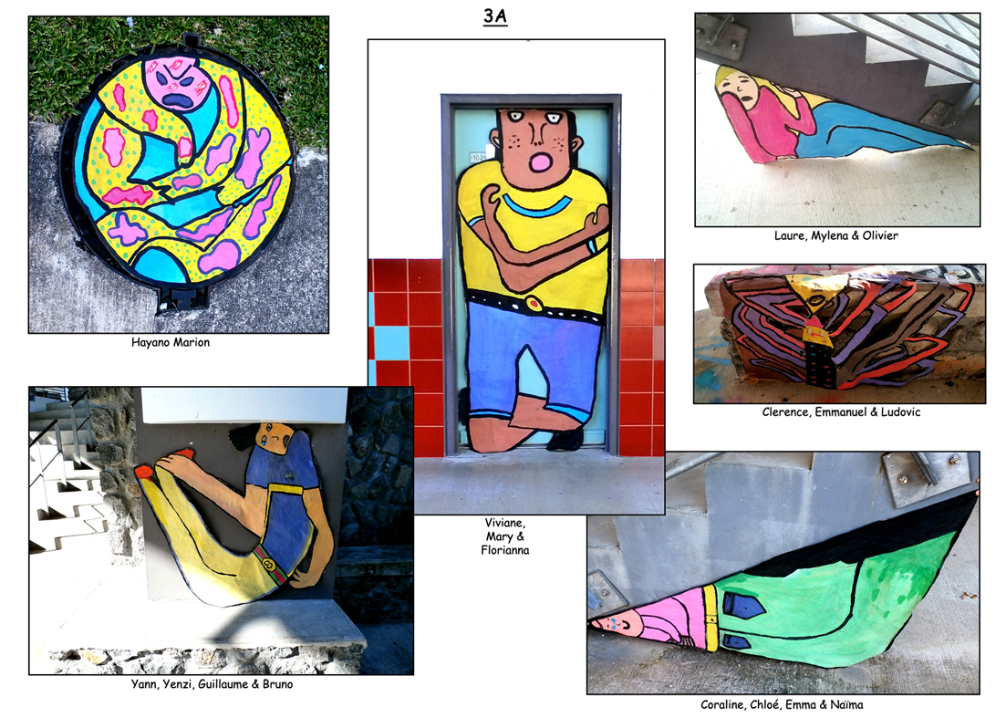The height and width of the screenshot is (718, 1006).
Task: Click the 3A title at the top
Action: coord(494,16)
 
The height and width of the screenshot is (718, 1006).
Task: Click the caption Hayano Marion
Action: coord(171,342)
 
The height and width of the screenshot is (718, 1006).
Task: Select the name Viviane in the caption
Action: coord(505,523)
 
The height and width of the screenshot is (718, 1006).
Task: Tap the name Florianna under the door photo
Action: coord(505,550)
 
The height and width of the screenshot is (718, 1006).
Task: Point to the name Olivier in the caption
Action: coord(879,235)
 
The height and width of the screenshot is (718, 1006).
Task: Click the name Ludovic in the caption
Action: coord(900,412)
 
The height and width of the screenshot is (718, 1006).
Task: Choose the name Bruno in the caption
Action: coord(278,684)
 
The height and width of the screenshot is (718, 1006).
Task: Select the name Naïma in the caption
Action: coord(846,704)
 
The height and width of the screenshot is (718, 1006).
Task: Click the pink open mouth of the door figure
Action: coord(541,163)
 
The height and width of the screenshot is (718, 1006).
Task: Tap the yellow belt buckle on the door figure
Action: coord(534,303)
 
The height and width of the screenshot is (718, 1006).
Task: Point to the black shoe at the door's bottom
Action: coord(565,440)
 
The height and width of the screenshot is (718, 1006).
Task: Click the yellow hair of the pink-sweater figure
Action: coord(731,76)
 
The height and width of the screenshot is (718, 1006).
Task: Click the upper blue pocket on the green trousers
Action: coord(743,605)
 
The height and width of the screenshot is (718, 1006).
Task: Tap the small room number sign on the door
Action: coord(478,157)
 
